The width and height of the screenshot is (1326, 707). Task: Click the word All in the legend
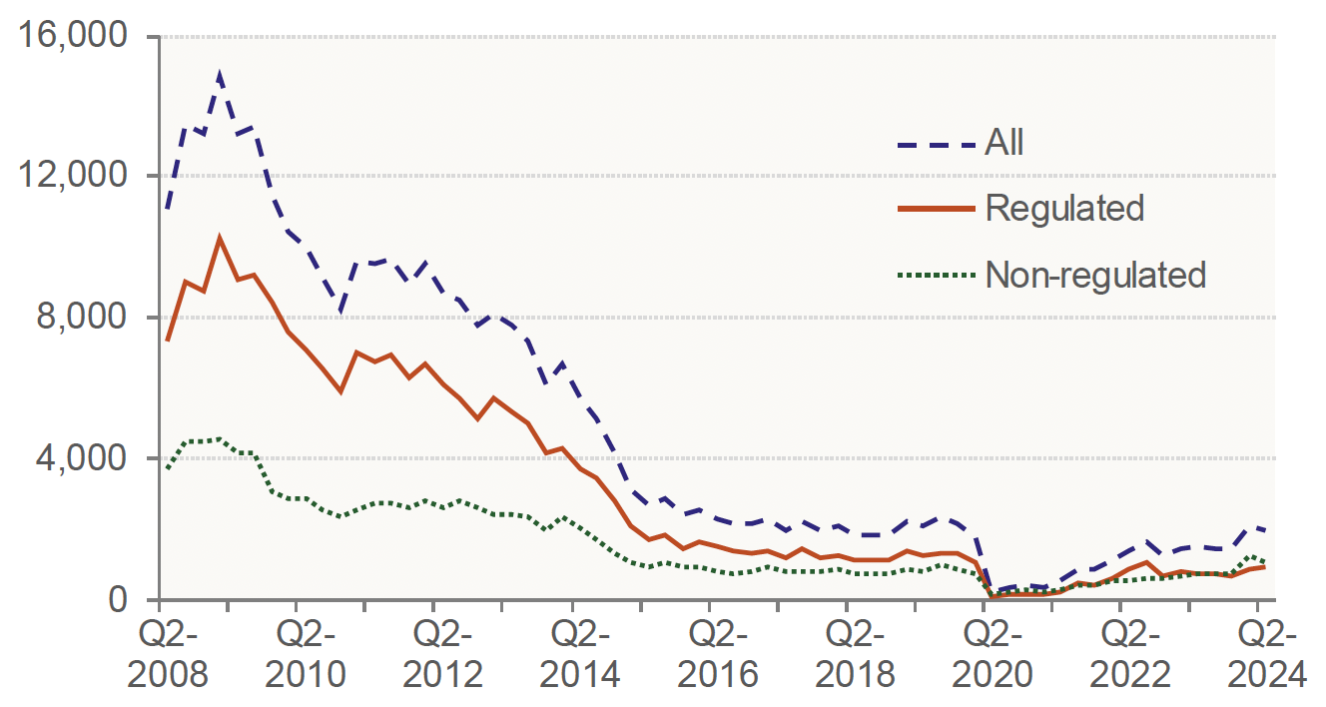click(1004, 143)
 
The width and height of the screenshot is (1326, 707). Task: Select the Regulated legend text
click(1064, 208)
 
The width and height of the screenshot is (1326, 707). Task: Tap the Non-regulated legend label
click(1095, 274)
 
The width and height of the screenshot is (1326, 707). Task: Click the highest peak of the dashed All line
click(220, 73)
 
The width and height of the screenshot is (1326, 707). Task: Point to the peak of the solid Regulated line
click(220, 238)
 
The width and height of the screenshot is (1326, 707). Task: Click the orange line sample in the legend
click(935, 208)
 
